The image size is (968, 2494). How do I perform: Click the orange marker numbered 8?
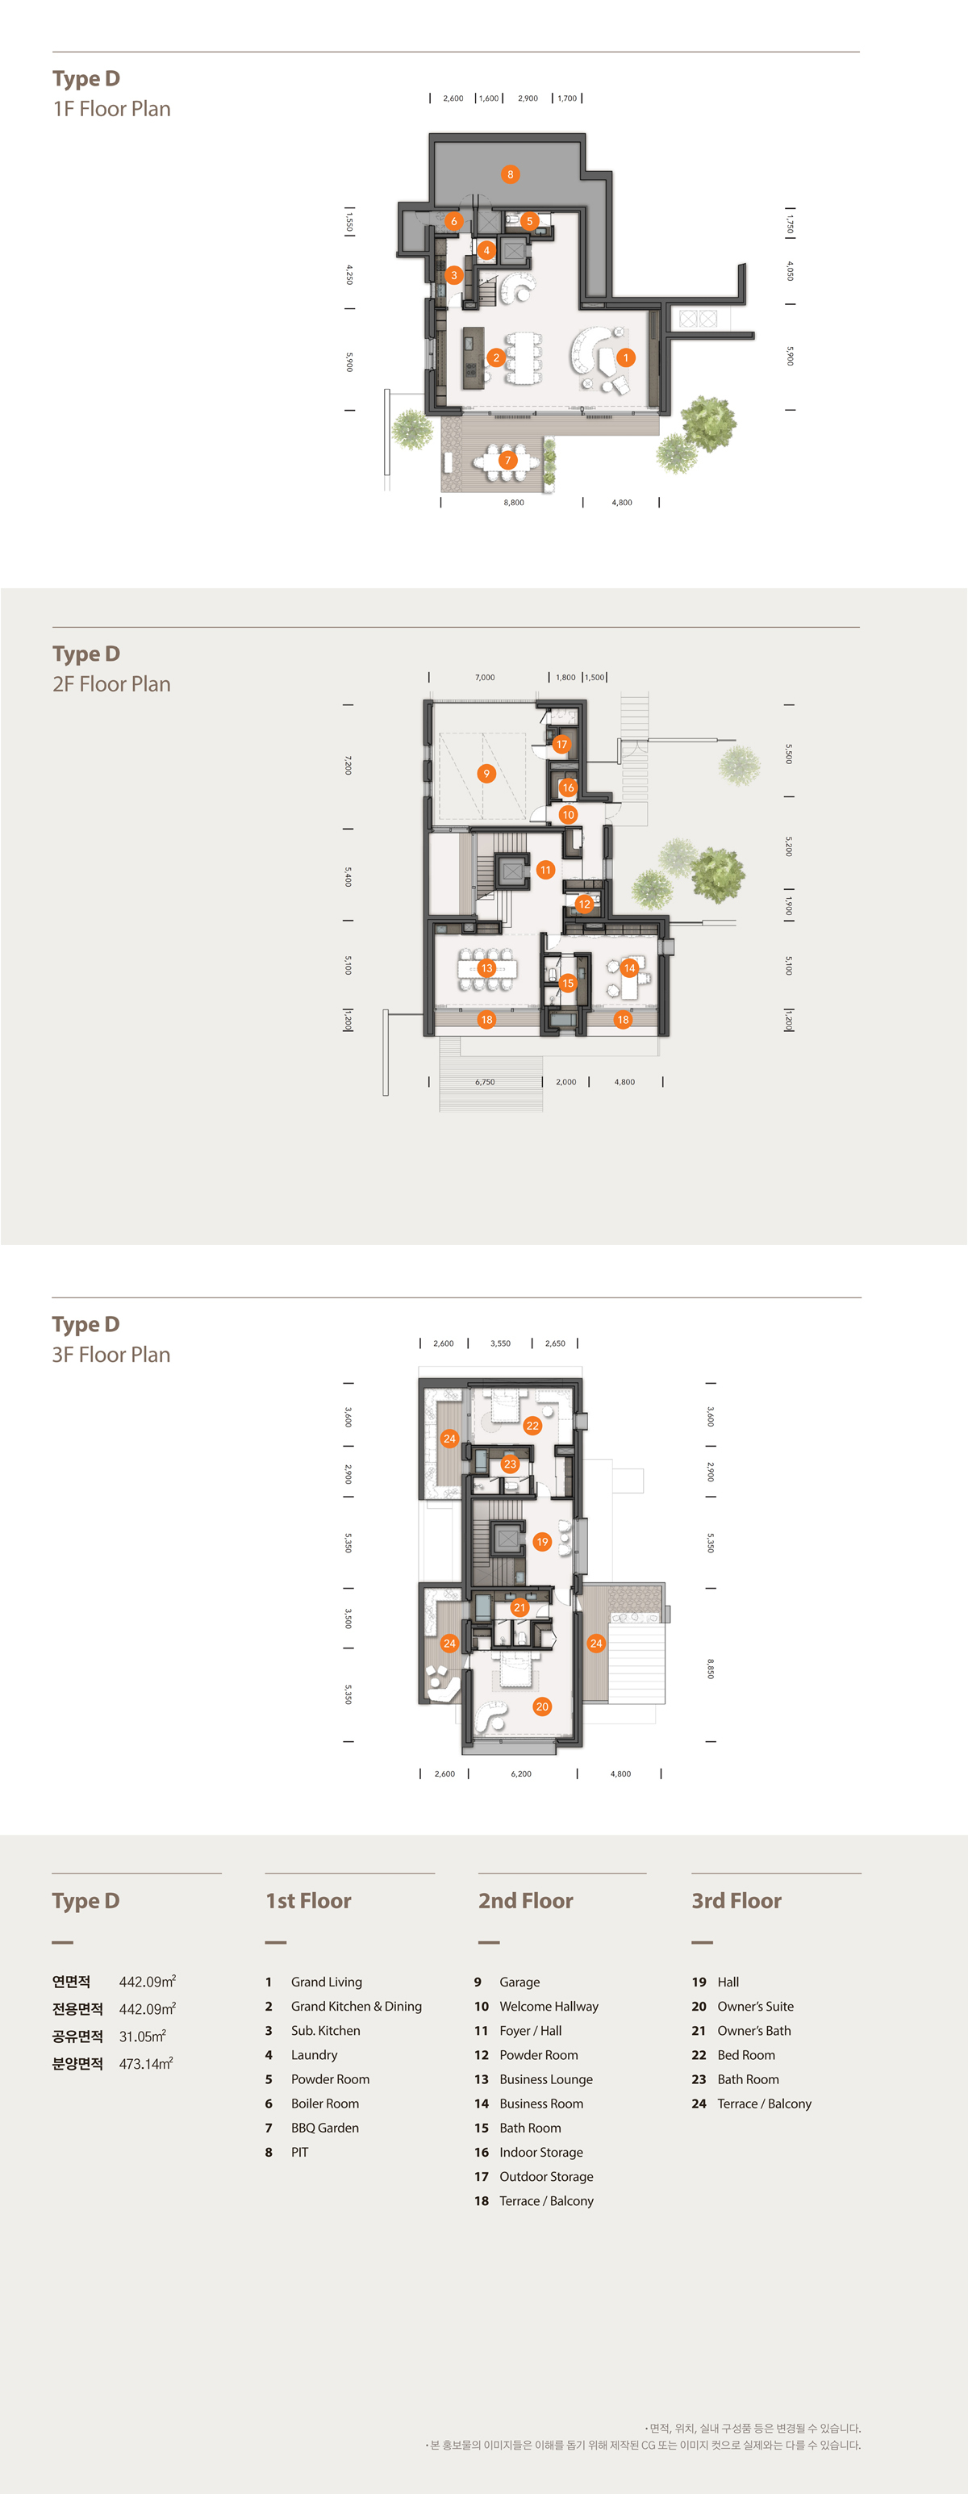[x=510, y=174]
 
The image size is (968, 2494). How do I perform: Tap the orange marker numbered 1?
[x=625, y=357]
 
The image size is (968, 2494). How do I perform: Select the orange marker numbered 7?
[x=507, y=461]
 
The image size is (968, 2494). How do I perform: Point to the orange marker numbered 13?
[x=487, y=968]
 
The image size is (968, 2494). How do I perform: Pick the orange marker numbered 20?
[x=542, y=1707]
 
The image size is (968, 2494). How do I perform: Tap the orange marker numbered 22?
[x=532, y=1425]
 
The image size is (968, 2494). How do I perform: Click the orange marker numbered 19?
[x=542, y=1541]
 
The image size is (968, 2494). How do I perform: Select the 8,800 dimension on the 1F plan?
[x=514, y=503]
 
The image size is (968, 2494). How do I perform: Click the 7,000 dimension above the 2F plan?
[x=485, y=678]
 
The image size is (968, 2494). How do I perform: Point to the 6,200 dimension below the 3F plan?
[x=521, y=1773]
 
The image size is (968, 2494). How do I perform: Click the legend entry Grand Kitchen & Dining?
[x=357, y=2007]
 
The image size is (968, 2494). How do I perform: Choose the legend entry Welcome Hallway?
[x=549, y=2007]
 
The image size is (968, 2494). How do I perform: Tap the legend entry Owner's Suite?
[x=755, y=2007]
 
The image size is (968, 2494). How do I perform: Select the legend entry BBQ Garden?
[x=325, y=2128]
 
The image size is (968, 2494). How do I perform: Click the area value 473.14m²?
[x=146, y=2063]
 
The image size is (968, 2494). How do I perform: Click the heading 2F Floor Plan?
[x=111, y=683]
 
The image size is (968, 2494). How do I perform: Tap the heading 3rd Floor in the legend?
[x=736, y=1900]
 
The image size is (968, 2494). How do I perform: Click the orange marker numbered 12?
[x=584, y=904]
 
